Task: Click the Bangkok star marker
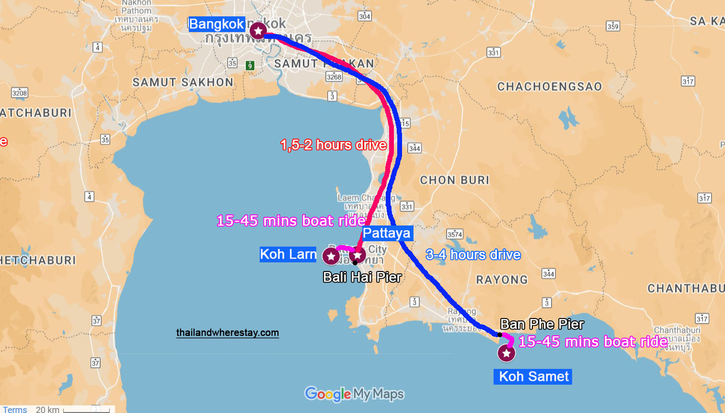click(258, 31)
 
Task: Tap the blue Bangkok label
click(217, 24)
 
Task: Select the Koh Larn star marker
click(331, 256)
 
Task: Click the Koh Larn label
click(288, 254)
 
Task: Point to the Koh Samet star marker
click(506, 354)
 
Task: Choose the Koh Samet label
click(533, 377)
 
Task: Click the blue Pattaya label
click(387, 233)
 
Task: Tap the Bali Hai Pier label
click(362, 277)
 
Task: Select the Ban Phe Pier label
click(542, 324)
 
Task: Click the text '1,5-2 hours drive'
click(334, 145)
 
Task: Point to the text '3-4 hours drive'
click(473, 255)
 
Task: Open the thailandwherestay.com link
click(227, 332)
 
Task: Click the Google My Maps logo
click(354, 394)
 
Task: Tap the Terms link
click(15, 409)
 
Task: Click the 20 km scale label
click(47, 409)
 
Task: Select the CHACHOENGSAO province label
click(549, 87)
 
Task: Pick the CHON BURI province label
click(454, 180)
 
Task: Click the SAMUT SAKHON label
click(183, 83)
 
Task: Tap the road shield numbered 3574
click(455, 234)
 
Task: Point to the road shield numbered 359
click(613, 26)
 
